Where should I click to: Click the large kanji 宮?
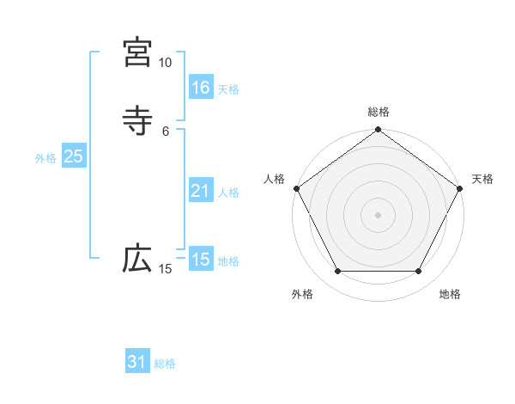click(137, 53)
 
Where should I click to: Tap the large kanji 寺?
click(137, 121)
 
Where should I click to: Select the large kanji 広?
click(137, 260)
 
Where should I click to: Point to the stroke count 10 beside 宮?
click(165, 63)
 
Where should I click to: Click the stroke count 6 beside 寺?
click(166, 131)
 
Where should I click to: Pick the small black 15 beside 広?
click(165, 270)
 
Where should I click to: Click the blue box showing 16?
click(201, 88)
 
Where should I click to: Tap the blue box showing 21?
click(201, 191)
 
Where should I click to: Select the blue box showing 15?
click(201, 260)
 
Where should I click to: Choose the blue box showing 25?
click(73, 156)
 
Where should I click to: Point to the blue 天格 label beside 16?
click(228, 89)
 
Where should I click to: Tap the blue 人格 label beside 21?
click(228, 193)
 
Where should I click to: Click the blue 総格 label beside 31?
click(165, 364)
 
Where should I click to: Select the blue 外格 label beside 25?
click(45, 158)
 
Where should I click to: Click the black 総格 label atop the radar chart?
click(379, 112)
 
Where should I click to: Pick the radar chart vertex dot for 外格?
click(337, 272)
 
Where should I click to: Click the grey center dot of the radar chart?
click(379, 214)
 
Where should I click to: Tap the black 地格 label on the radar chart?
click(450, 295)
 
